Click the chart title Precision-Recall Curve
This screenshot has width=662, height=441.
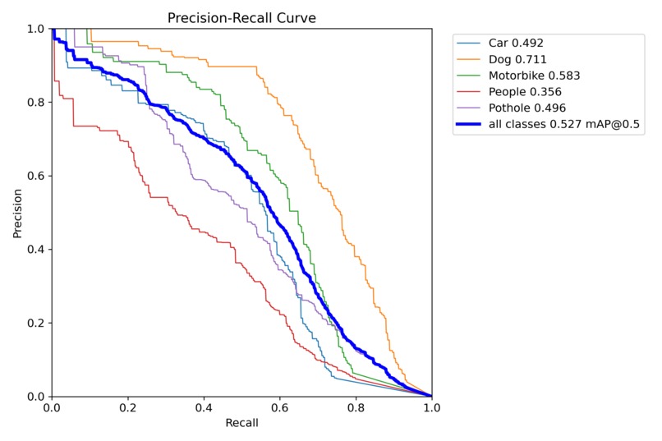point(241,17)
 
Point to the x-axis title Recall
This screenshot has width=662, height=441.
point(241,424)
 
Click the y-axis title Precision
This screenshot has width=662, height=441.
point(17,213)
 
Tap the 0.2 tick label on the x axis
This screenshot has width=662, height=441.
point(127,408)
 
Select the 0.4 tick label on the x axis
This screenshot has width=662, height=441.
point(204,408)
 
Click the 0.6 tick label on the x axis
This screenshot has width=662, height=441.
point(279,408)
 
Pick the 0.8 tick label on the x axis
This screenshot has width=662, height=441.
point(356,408)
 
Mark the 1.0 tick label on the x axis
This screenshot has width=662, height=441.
point(431,408)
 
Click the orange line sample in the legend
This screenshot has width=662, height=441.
point(469,59)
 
